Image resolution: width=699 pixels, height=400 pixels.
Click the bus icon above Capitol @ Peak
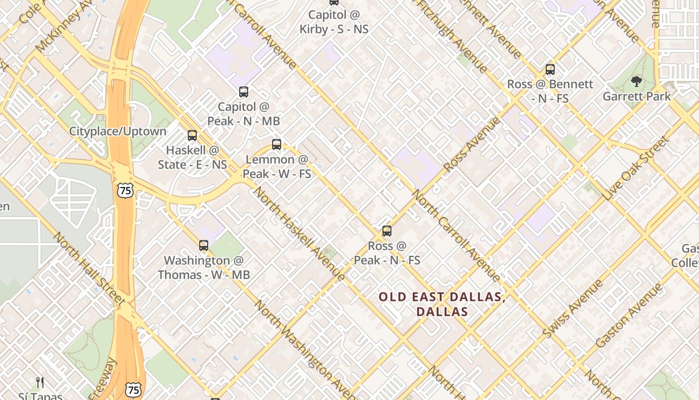pyautogui.click(x=244, y=92)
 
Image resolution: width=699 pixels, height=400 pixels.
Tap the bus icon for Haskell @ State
pyautogui.click(x=192, y=135)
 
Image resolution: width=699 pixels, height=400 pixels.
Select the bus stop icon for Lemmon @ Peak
pyautogui.click(x=277, y=145)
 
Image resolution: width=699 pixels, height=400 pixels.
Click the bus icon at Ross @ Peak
pyautogui.click(x=387, y=231)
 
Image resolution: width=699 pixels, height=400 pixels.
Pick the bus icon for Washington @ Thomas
pyautogui.click(x=204, y=245)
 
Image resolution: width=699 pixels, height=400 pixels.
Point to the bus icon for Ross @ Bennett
pyautogui.click(x=550, y=69)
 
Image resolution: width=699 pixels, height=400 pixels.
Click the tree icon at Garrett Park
pyautogui.click(x=636, y=81)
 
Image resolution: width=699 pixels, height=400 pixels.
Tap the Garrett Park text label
pyautogui.click(x=637, y=96)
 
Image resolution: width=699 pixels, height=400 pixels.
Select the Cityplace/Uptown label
pyautogui.click(x=117, y=131)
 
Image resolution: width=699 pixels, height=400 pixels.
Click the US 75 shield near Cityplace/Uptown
pyautogui.click(x=125, y=189)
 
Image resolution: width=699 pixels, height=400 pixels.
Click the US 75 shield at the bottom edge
pyautogui.click(x=133, y=389)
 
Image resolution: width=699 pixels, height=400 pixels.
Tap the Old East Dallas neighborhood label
pyautogui.click(x=442, y=304)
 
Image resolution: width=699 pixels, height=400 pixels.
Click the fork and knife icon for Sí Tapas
pyautogui.click(x=40, y=382)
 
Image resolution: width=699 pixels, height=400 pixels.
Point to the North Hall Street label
pyautogui.click(x=89, y=269)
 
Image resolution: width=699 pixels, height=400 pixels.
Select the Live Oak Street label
pyautogui.click(x=636, y=168)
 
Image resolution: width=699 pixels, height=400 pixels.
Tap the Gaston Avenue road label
pyautogui.click(x=629, y=315)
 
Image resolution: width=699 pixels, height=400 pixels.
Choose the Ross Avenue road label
pyautogui.click(x=471, y=144)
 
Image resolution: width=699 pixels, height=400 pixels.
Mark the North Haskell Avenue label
pyautogui.click(x=299, y=234)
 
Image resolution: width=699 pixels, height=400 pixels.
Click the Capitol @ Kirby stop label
pyautogui.click(x=334, y=22)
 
